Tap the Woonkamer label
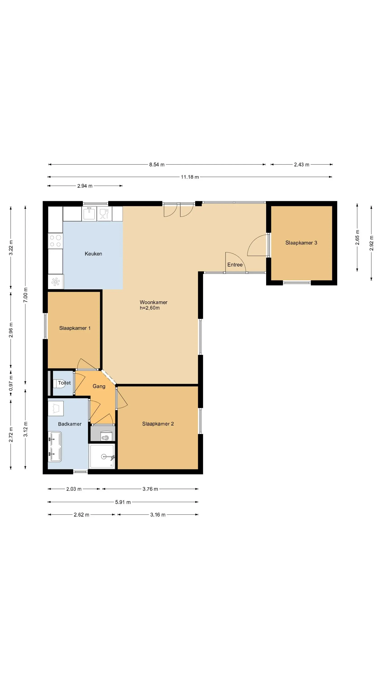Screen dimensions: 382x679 coord(153,302)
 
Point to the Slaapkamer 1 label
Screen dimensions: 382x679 coord(75,328)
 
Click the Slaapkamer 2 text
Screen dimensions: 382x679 coord(158,424)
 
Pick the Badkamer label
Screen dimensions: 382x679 coord(70,424)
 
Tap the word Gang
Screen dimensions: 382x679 coord(99,386)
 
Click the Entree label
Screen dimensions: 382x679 coord(235,265)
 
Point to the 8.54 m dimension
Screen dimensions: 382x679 coord(157,165)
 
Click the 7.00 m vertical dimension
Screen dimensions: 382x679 coord(25,295)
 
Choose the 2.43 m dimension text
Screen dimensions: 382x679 coord(302,165)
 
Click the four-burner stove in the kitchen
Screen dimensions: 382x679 coord(55,241)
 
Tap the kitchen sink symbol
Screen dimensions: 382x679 coord(89,213)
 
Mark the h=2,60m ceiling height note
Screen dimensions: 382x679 coord(150,308)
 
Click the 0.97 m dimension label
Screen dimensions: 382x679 coord(11,383)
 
